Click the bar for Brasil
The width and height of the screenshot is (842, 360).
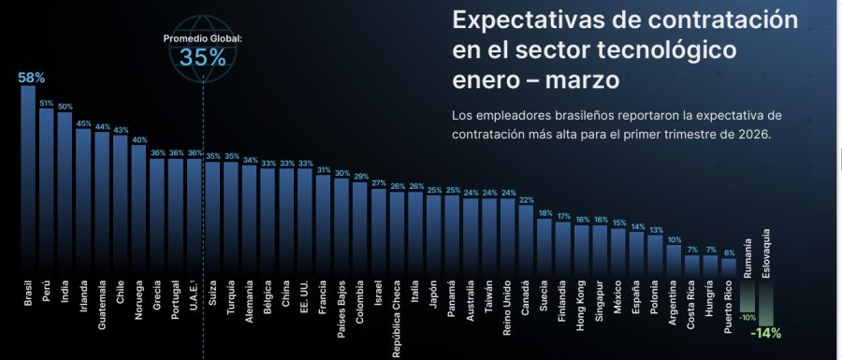tap(28, 178)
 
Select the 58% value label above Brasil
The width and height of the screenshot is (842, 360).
tap(31, 77)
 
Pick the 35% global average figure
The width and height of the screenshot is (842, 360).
tap(203, 57)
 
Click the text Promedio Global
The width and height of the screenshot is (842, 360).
tap(203, 38)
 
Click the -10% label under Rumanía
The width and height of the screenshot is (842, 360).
tap(748, 318)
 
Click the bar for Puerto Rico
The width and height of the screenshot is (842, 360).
tap(729, 266)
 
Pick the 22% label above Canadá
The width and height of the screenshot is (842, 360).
tap(526, 199)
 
